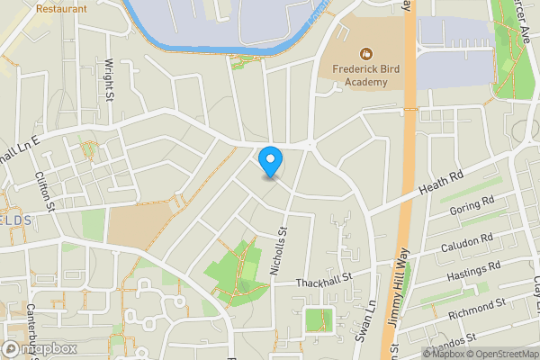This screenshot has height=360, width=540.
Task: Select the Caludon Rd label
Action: (468, 243)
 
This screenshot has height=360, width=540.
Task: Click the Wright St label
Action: (110, 79)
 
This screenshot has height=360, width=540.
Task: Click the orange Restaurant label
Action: (62, 8)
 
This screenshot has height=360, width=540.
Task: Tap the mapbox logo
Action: (40, 348)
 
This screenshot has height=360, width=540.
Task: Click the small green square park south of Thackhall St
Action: (317, 319)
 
